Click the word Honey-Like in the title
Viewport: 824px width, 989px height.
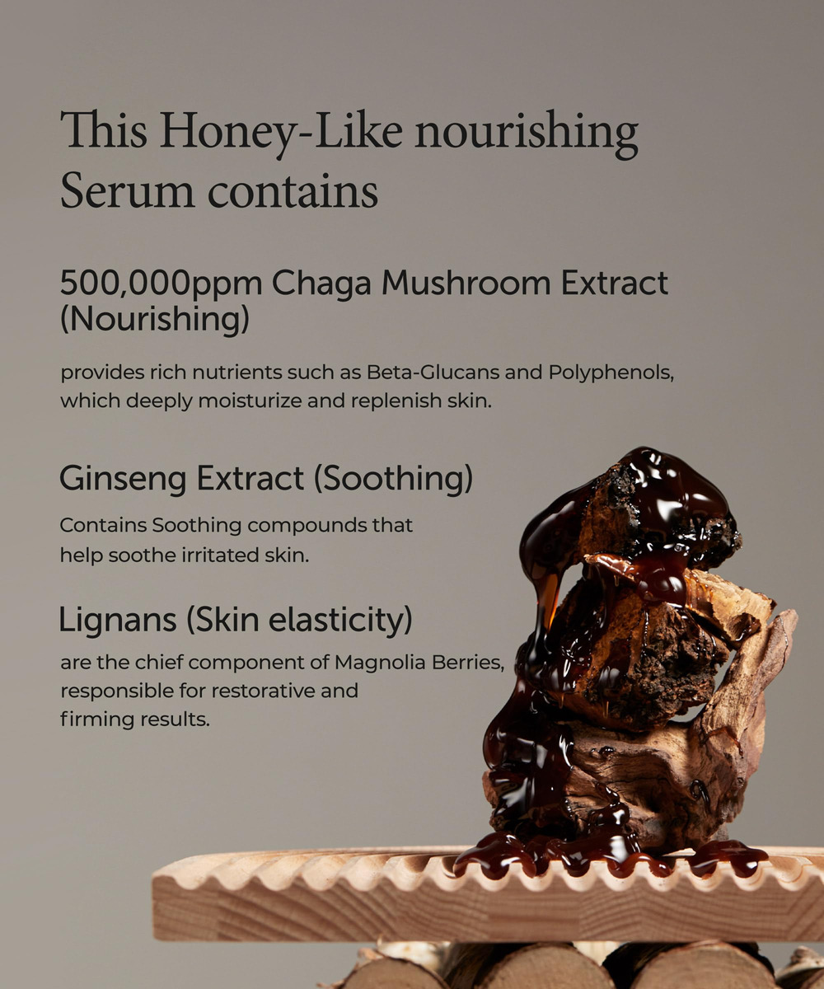[x=281, y=132]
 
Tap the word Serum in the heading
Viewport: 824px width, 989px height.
[x=128, y=191]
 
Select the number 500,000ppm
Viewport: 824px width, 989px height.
[x=161, y=284]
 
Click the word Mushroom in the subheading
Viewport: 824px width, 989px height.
[x=466, y=283]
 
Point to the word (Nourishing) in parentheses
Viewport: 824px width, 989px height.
[x=155, y=320]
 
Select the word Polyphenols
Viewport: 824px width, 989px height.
[x=611, y=373]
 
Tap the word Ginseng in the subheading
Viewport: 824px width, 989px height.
[x=123, y=480]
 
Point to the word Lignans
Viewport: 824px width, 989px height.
[x=118, y=621]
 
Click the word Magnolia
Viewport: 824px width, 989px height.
[x=380, y=662]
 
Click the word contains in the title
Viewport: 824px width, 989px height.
[x=293, y=192]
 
